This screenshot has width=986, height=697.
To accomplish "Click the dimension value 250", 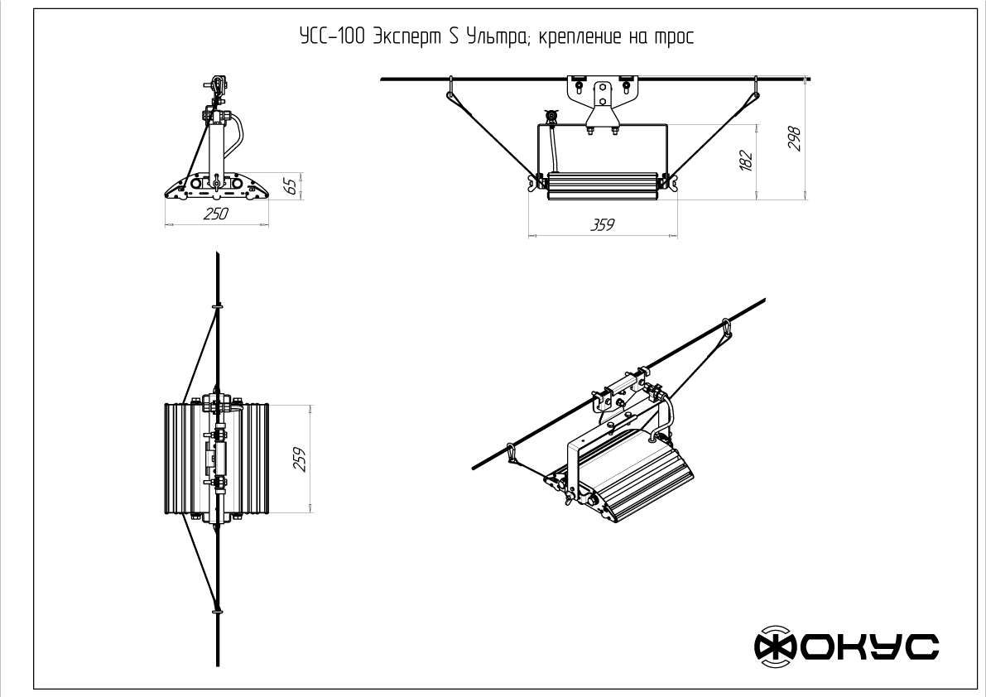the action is coord(216,214).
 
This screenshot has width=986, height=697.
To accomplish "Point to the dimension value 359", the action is coord(602,225).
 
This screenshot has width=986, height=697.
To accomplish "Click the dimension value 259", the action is coord(300,459).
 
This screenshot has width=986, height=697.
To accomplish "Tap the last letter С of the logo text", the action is coord(921,647).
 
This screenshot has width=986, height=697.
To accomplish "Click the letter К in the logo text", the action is coord(849,647).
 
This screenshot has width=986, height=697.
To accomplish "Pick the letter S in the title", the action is coord(454,37).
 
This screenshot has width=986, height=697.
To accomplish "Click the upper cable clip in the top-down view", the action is coord(218,306).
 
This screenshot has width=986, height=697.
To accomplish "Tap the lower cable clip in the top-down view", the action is coord(218,609).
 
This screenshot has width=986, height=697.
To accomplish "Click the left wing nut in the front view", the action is coord(536,182).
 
